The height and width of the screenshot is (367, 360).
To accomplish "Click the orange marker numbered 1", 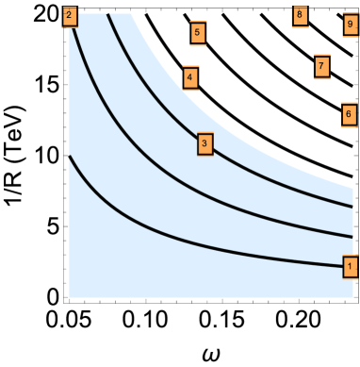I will click(x=350, y=267).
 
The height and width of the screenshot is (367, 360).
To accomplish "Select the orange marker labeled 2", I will click(x=69, y=16).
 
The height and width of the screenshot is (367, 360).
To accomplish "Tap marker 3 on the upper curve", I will click(x=205, y=144).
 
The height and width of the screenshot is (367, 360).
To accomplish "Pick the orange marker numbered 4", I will click(x=190, y=77).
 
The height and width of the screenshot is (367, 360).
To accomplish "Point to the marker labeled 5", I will click(x=197, y=33).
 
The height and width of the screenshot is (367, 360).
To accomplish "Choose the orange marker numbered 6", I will click(x=349, y=115).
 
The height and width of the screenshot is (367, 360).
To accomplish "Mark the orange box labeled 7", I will click(x=321, y=67).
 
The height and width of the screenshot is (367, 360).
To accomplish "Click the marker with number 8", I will click(x=300, y=15).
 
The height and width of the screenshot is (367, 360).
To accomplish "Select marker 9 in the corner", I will click(x=350, y=25).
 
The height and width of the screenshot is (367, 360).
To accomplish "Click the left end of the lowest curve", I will click(x=70, y=157).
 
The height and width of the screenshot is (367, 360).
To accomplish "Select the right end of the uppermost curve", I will click(x=352, y=205).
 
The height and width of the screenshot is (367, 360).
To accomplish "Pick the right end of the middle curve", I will click(x=352, y=236).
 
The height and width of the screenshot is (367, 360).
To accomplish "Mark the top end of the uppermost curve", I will click(x=108, y=14).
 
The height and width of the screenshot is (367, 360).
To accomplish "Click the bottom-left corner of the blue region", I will click(x=70, y=297).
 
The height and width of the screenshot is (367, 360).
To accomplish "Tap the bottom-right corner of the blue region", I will click(x=352, y=297).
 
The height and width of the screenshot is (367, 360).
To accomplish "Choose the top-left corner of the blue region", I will click(x=70, y=14).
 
